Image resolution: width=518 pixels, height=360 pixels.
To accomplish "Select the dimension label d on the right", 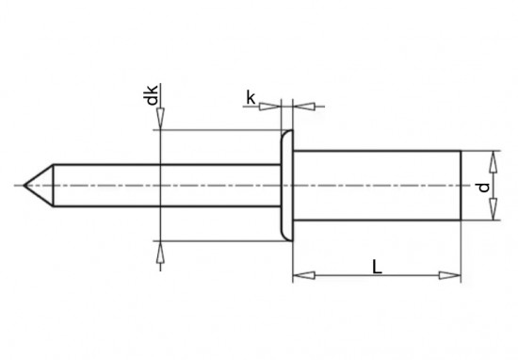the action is click(x=483, y=187).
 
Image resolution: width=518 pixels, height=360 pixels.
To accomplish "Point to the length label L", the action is click(x=377, y=267).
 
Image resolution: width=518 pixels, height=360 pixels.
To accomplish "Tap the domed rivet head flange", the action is click(x=287, y=186).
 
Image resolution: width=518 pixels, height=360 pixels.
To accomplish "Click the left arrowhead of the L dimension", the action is click(x=299, y=276).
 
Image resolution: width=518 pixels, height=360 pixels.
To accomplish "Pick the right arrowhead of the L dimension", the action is click(x=454, y=276).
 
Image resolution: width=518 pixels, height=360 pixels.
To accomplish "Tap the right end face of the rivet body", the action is click(x=461, y=186).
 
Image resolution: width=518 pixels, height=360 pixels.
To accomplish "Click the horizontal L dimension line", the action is click(x=377, y=276).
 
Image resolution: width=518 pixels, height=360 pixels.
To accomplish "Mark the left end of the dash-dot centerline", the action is click(x=17, y=186).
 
